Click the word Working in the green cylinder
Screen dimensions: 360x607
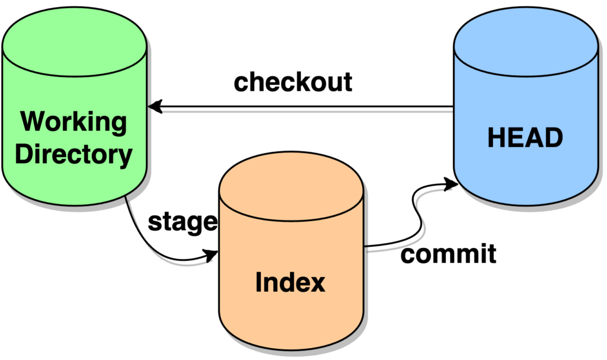coord(74,122)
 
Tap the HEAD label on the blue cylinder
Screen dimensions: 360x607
coord(525,138)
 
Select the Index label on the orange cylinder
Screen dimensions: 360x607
coord(290,283)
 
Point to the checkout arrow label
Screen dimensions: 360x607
coord(293,82)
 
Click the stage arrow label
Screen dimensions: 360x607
coord(183,222)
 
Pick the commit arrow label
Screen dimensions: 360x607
coord(448,254)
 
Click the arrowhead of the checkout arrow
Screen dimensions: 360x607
coord(155,107)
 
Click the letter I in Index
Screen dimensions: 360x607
coord(259,283)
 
